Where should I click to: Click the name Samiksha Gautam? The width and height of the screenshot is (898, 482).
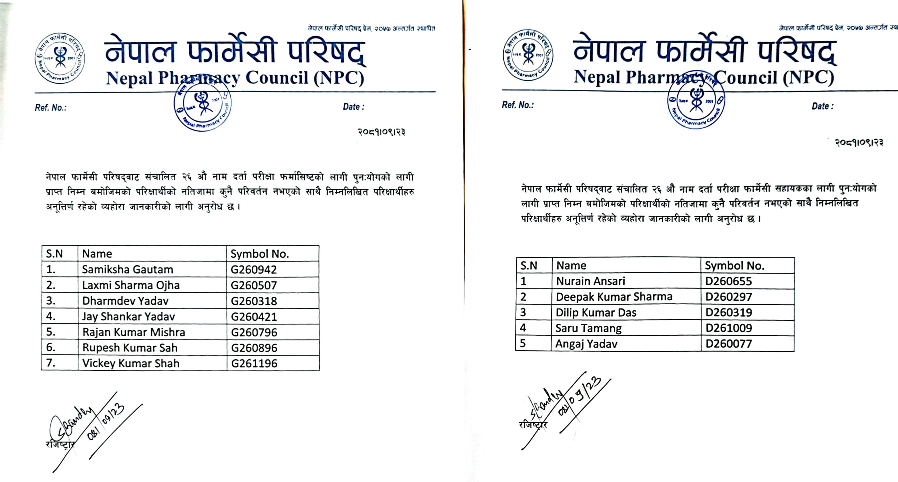pos(127,269)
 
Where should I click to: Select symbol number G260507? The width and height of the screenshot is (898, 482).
pos(254,285)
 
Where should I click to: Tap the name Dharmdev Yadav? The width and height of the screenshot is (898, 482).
pos(125,301)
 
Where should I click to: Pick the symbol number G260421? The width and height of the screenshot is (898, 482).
pos(254,317)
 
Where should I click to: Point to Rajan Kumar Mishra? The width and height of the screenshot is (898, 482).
pos(134,332)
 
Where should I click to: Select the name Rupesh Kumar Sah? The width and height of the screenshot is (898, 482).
pos(130,348)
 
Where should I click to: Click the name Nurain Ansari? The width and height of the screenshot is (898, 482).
pos(591,281)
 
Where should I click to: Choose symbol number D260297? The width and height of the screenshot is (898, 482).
pos(728,297)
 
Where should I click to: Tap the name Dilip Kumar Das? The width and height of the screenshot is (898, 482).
pos(596,313)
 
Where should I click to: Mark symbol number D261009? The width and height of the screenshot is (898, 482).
pos(728,328)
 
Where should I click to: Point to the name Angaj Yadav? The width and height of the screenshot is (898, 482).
pos(586,344)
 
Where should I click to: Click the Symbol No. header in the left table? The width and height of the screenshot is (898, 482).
pos(260,254)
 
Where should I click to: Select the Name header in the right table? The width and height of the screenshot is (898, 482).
pos(571,266)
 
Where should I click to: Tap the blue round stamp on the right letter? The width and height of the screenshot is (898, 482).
pos(696,101)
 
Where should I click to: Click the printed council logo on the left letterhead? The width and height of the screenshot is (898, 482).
pos(60,58)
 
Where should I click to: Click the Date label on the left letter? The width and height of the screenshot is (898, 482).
pos(353,107)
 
